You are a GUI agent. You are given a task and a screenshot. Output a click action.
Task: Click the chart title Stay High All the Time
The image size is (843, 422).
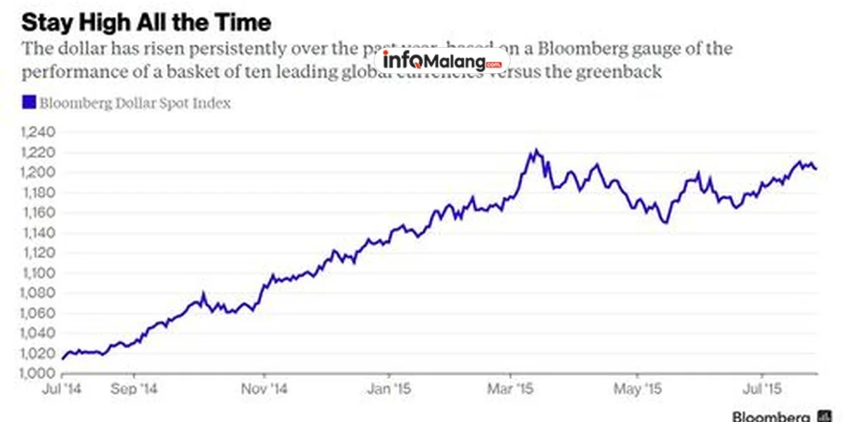tap(146, 23)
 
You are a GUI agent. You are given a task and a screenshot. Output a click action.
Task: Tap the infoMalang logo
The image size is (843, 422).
tap(443, 60)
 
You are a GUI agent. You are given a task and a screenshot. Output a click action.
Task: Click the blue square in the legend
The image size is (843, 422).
tap(28, 103)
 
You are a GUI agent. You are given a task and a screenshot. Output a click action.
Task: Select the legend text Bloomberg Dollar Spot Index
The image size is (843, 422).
tap(135, 103)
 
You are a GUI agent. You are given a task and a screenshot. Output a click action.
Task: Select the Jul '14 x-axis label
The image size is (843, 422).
tap(62, 388)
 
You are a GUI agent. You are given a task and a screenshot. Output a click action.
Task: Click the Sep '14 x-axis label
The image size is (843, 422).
tap(135, 388)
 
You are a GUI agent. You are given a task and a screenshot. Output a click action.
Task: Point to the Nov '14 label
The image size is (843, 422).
tap(266, 388)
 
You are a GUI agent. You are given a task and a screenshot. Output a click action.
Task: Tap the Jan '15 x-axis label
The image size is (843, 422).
tap(389, 388)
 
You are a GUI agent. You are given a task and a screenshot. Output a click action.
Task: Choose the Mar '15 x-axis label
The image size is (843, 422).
tap(511, 388)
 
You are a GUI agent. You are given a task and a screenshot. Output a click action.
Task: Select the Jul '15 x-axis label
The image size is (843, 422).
tap(762, 388)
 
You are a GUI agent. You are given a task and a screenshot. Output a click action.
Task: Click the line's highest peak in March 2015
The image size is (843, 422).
tap(535, 150)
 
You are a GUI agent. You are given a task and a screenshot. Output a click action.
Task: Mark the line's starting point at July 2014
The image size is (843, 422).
tap(63, 359)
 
